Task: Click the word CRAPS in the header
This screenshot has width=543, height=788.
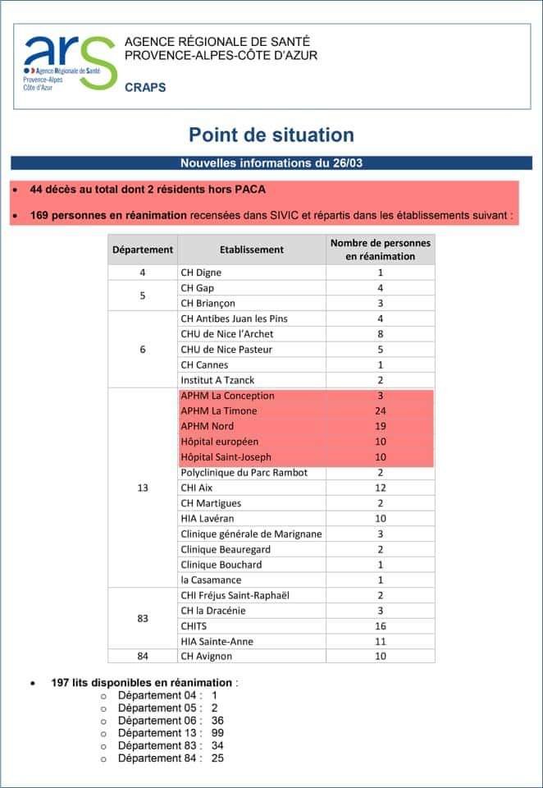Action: click(x=145, y=88)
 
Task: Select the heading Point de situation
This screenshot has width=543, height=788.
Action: click(x=271, y=135)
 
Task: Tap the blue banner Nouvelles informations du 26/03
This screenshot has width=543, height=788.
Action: click(x=271, y=163)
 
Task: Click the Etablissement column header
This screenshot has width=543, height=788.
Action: click(x=252, y=250)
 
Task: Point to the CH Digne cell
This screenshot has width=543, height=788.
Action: click(x=201, y=273)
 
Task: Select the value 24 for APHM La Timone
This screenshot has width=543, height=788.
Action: click(x=380, y=411)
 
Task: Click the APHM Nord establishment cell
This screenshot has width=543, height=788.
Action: click(x=207, y=427)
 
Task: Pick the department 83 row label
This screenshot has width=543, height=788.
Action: click(x=142, y=618)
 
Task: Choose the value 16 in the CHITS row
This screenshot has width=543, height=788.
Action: click(x=380, y=625)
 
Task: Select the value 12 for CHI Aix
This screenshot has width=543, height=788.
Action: click(x=380, y=488)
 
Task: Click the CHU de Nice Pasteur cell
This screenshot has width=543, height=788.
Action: click(x=226, y=350)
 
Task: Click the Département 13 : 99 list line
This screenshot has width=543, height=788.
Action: click(x=171, y=732)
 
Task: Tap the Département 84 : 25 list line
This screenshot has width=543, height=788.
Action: click(x=171, y=758)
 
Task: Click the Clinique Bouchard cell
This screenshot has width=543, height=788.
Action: click(x=221, y=565)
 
